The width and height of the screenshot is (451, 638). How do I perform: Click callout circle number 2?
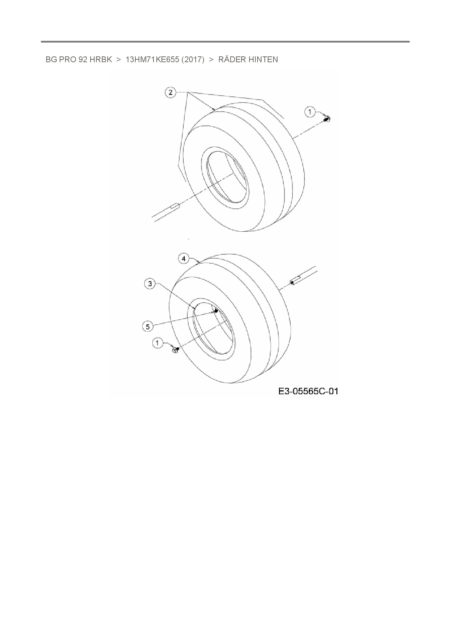pyautogui.click(x=171, y=92)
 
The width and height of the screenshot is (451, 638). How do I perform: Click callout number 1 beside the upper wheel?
pyautogui.click(x=310, y=112)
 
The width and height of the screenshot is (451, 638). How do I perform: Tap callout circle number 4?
pyautogui.click(x=184, y=259)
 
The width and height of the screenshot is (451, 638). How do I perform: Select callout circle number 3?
pyautogui.click(x=151, y=284)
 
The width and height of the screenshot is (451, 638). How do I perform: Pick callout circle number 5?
pyautogui.click(x=147, y=327)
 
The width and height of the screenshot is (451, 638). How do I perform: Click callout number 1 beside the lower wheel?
pyautogui.click(x=157, y=343)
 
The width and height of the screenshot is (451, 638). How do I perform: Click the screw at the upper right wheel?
pyautogui.click(x=327, y=119)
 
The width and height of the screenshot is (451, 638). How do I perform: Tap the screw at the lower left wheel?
pyautogui.click(x=175, y=350)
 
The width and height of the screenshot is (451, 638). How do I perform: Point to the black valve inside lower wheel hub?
pyautogui.click(x=216, y=310)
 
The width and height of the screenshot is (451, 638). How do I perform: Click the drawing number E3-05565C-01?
pyautogui.click(x=308, y=391)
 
